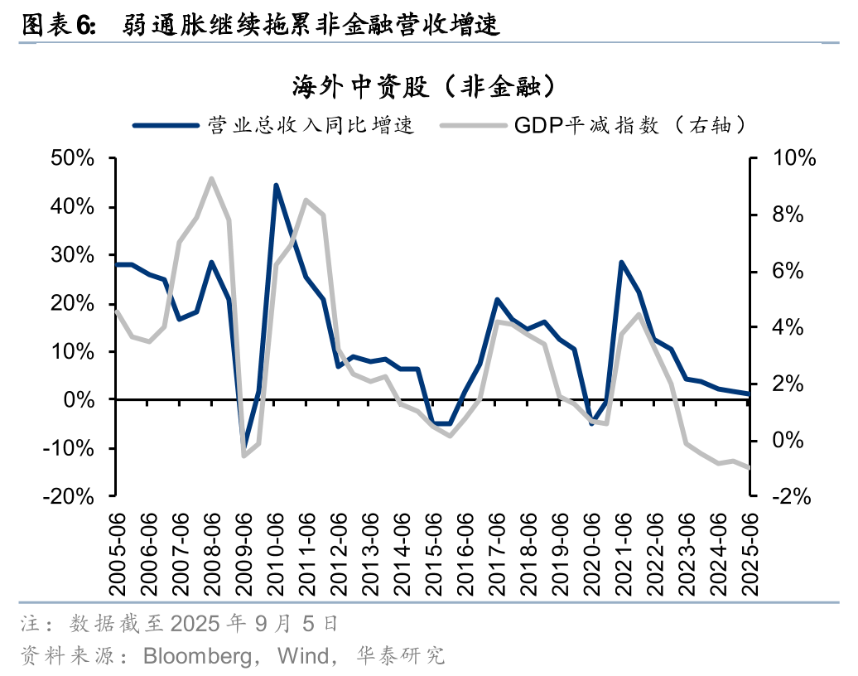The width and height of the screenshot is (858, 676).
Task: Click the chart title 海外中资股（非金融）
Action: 422,86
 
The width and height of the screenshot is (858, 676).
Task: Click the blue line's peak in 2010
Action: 275,186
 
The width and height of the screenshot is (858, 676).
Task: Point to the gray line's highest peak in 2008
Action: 212,178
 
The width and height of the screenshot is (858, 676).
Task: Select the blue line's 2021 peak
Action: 622,263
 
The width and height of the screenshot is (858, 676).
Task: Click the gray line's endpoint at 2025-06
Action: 749,467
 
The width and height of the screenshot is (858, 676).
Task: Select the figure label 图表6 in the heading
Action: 58,25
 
